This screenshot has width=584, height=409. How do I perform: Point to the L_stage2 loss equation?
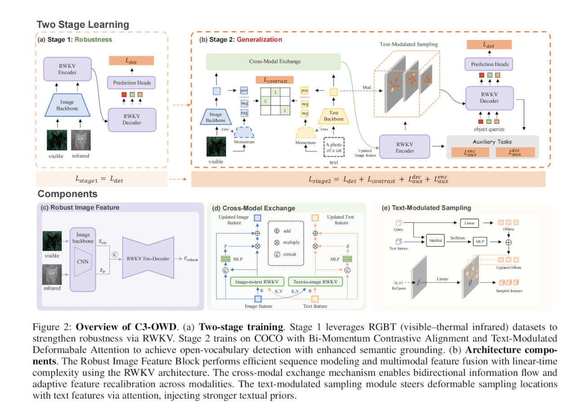[372, 180]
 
